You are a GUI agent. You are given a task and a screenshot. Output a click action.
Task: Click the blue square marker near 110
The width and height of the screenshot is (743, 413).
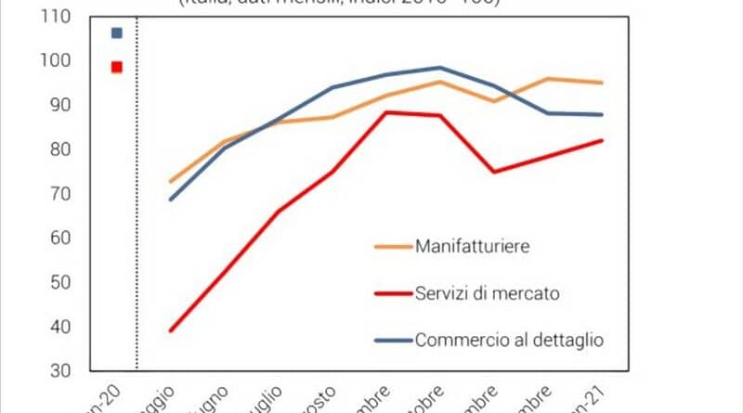tap(116, 32)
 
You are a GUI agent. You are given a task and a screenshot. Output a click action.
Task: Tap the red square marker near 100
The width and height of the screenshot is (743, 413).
tap(116, 67)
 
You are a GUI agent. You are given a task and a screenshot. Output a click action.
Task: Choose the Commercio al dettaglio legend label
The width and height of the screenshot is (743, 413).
tap(509, 340)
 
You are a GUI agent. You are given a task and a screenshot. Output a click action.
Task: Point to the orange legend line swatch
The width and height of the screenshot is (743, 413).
tap(394, 248)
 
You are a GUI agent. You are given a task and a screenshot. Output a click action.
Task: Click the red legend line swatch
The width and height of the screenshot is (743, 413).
tap(394, 294)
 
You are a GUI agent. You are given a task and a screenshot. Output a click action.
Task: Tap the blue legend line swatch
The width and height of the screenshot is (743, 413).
tap(394, 341)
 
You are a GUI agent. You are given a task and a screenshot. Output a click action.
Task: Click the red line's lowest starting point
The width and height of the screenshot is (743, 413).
tap(171, 330)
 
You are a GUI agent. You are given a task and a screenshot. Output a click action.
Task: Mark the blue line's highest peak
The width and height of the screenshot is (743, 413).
tap(439, 68)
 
